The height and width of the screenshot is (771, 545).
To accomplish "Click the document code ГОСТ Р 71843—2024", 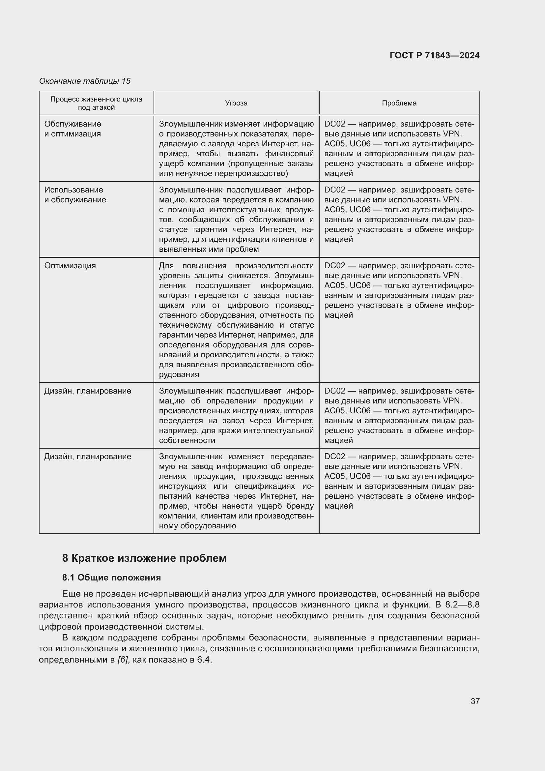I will click(x=434, y=55).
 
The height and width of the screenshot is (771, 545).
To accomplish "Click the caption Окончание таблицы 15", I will click(x=85, y=81).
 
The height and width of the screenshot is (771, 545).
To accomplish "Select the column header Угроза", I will click(x=236, y=103).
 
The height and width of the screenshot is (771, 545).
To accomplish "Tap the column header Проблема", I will click(x=399, y=103).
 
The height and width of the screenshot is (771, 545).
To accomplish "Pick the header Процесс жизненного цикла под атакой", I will click(x=96, y=103).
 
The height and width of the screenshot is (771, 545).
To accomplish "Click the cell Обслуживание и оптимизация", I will click(x=72, y=129).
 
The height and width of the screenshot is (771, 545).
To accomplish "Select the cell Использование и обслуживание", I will click(x=75, y=195).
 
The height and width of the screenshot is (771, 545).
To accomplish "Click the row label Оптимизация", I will click(x=70, y=266).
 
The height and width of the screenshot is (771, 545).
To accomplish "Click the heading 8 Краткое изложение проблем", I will click(x=144, y=558).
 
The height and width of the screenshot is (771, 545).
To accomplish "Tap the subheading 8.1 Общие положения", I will click(x=111, y=578).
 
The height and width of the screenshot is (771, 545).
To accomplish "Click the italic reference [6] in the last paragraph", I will click(x=123, y=660).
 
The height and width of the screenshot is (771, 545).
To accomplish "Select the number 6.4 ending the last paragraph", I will click(x=204, y=660).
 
